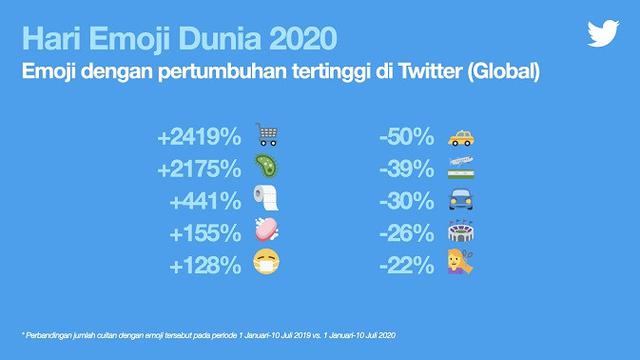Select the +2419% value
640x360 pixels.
coord(200,135)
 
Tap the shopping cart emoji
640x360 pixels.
coord(265,134)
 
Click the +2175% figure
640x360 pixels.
coord(200,168)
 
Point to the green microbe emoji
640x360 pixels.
coord(265,167)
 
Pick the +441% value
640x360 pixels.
coord(207,200)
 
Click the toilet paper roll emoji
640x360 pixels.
coord(265,199)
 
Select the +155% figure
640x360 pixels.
coord(207,233)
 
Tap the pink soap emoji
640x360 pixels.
coord(265,232)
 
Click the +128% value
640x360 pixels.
coord(207,265)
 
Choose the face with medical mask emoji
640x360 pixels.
coord(265,265)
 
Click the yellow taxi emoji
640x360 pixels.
coord(460,135)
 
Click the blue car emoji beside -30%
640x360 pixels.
coord(460,200)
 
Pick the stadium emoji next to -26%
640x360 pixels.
coord(460,233)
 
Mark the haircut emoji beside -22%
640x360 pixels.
coord(460,265)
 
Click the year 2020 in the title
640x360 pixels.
coord(296,41)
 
